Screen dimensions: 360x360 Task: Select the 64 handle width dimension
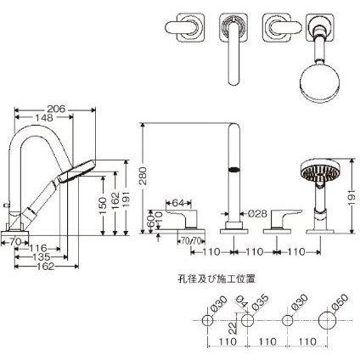178,203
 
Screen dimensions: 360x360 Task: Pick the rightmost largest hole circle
328,321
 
